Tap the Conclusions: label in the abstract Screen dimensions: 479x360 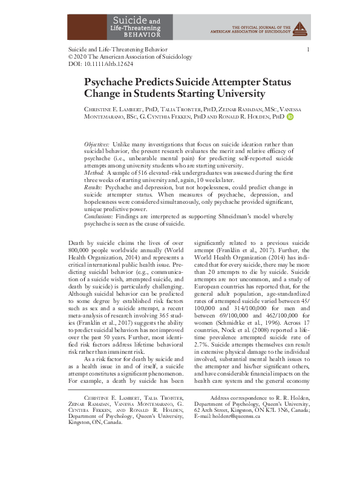click(x=100, y=216)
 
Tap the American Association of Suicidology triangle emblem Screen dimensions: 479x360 click(x=303, y=26)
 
